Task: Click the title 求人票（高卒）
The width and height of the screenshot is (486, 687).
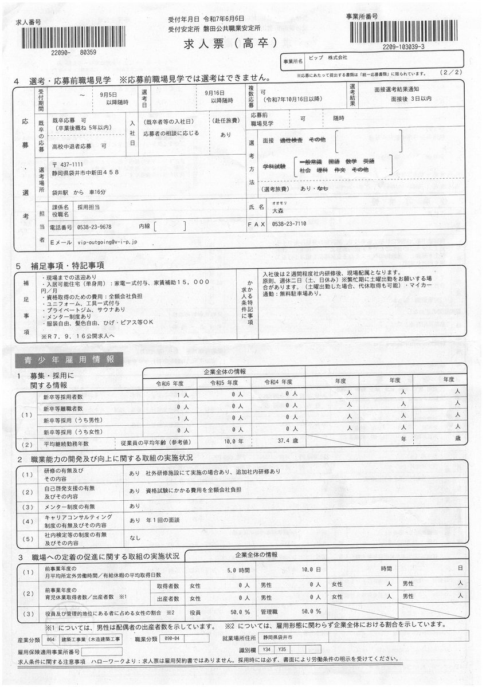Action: click(x=231, y=44)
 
